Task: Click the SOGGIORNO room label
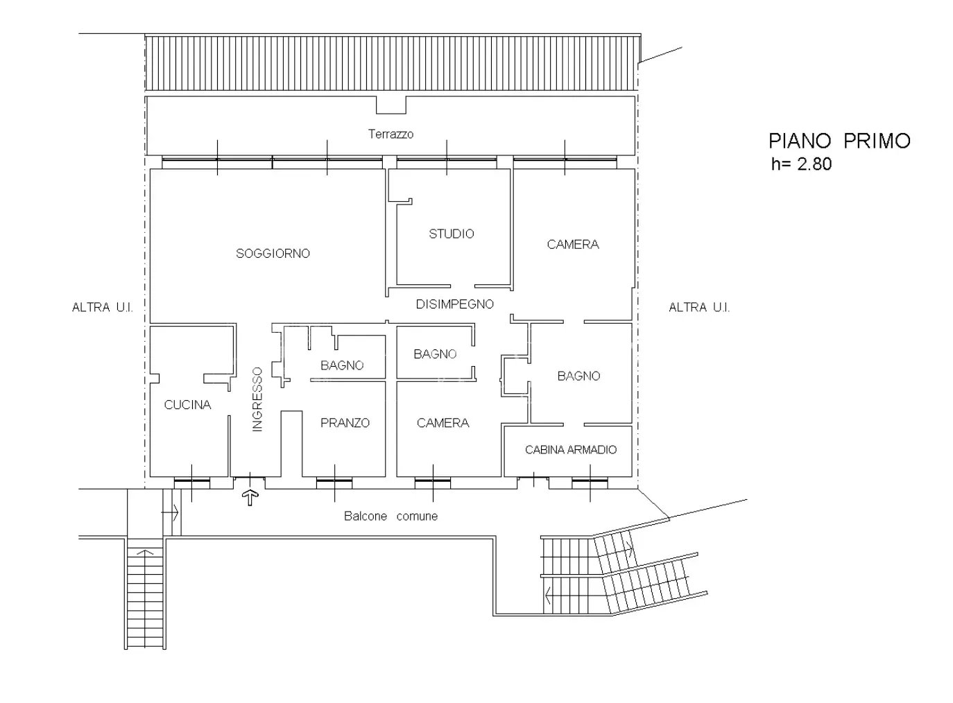pos(273,253)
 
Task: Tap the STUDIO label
pos(451,234)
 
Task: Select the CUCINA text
pos(187,404)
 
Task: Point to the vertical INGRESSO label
pos(257,399)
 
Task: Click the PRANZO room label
pos(345,423)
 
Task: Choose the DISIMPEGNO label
pos(454,304)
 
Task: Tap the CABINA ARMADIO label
pos(571,450)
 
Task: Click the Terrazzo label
pos(390,134)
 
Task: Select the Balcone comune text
pos(390,516)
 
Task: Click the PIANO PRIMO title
pos(839,141)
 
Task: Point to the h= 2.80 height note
pos(801,164)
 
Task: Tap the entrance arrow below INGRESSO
pos(250,498)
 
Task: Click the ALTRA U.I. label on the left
pos(102,308)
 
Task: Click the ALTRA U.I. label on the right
pos(699,308)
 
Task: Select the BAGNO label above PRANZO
pos(342,365)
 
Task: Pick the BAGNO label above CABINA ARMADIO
pos(578,376)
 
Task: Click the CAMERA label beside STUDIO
pos(573,244)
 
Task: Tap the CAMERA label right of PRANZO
pos(443,423)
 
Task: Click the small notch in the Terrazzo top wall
pos(391,105)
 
